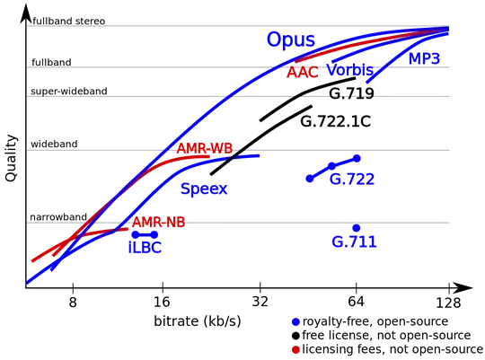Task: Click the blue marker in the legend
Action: [295, 320]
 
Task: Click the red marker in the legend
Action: [295, 348]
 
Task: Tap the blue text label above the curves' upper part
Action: [289, 40]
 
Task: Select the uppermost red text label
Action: [302, 73]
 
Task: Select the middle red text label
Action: [205, 149]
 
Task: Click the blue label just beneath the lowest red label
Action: [145, 244]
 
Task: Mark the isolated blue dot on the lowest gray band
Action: [356, 227]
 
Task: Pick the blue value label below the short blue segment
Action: [351, 180]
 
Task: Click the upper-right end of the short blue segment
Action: [357, 157]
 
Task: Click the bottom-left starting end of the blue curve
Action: [30, 281]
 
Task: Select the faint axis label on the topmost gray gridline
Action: [67, 23]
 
